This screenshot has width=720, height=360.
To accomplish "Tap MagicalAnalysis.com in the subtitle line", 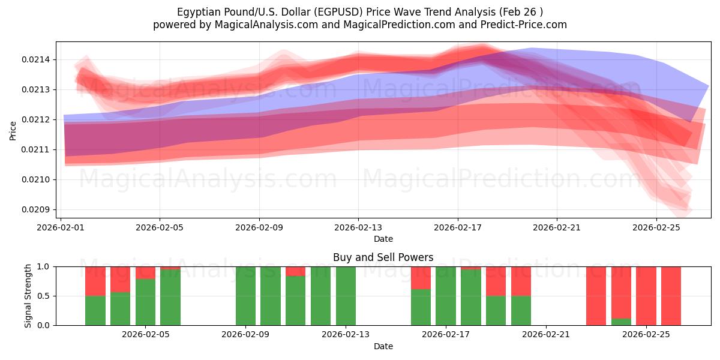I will tap(262, 25).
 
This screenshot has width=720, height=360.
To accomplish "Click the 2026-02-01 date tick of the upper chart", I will tap(61, 227).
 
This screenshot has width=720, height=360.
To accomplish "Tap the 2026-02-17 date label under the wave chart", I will tap(458, 227).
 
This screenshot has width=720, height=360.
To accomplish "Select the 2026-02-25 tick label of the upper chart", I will tap(656, 227).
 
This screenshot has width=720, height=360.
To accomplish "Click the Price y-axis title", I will tap(13, 130).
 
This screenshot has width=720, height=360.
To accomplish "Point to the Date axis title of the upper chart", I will tap(383, 239).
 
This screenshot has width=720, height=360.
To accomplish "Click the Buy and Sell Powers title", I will tap(383, 257).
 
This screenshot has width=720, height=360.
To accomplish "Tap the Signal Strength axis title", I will tap(28, 296).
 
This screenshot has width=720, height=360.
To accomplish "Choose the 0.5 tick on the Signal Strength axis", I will tap(45, 296).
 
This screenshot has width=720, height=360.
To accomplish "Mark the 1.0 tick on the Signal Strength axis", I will tap(45, 266).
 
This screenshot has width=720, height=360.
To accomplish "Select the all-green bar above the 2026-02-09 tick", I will tap(246, 296).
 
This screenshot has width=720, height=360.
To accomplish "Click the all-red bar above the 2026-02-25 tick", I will tap(646, 296).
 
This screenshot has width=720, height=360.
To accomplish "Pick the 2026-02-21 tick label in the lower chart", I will tap(547, 334).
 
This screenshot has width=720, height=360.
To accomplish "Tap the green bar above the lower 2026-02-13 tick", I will tap(346, 296).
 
